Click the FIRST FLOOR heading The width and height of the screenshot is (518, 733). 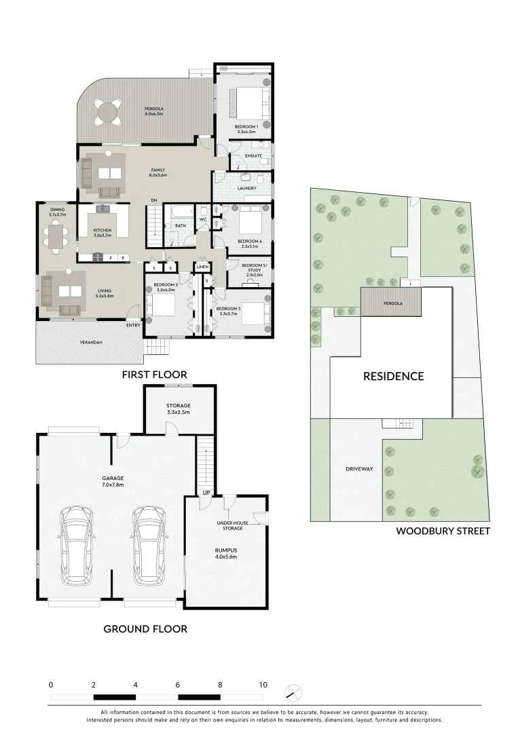coord(154,374)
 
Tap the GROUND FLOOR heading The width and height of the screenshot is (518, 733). coord(145,629)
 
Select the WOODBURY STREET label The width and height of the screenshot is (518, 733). coord(443,531)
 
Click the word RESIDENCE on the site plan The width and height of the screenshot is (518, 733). coord(393,376)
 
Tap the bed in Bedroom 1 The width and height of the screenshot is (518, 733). coord(244,102)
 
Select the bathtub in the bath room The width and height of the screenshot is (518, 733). coord(181,211)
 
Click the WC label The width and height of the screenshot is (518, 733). coord(203,219)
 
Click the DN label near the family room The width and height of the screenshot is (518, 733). coord(153,200)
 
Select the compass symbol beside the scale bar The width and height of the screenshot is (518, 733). coord(294,692)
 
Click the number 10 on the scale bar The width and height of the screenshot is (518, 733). coord(263,685)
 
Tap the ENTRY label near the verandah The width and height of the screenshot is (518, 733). coord(133,326)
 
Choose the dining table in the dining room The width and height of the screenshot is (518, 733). coord(56,236)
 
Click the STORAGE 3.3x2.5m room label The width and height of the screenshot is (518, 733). coord(179,409)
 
